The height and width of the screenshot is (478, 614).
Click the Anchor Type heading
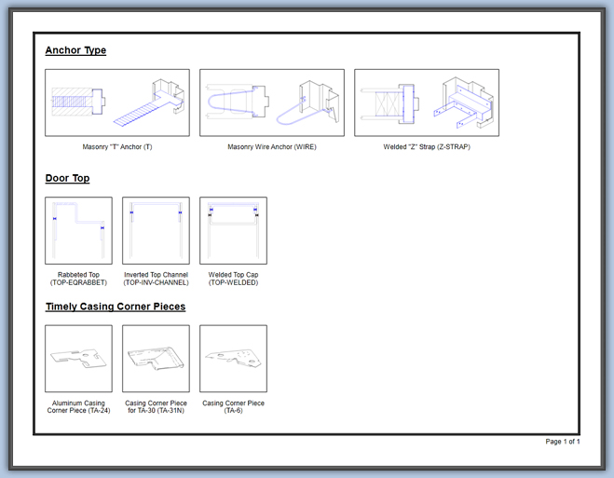coord(75,50)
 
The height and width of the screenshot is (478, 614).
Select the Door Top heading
coord(67,179)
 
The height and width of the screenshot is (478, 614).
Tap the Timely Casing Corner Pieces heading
coord(116,307)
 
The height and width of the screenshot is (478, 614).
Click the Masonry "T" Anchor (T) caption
coord(117,147)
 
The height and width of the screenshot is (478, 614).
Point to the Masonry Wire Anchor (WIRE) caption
coord(272,147)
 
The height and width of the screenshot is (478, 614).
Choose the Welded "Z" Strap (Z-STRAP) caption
coord(427,147)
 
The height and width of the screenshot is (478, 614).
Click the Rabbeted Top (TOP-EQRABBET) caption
coord(78,279)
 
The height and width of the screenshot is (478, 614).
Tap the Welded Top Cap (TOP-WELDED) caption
coord(233,279)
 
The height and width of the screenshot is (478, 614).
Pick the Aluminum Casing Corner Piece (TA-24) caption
coord(78,407)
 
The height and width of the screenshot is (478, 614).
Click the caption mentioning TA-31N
coord(156,407)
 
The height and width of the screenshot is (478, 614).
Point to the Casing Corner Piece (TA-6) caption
coord(233,407)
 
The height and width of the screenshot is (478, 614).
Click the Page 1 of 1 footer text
coord(563,442)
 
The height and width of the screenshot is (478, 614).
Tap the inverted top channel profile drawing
coord(156,204)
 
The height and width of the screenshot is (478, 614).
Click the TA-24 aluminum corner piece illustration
coord(78,358)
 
